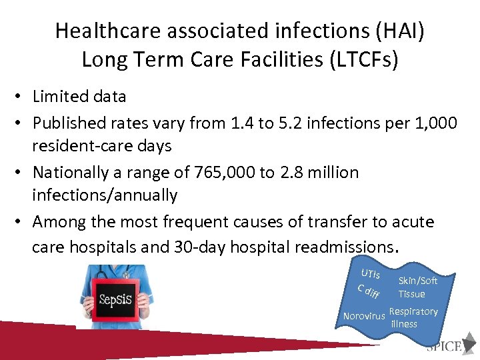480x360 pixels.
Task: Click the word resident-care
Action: pos(83,146)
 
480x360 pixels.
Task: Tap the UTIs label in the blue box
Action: pos(370,273)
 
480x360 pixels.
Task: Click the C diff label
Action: pos(368,291)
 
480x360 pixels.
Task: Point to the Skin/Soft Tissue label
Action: pos(417,287)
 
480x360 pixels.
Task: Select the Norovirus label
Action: pos(363,316)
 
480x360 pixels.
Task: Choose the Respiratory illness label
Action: pos(413,317)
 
